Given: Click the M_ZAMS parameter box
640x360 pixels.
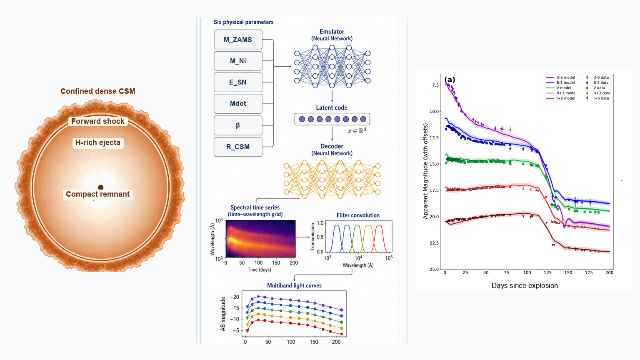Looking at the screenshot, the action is click(238, 40).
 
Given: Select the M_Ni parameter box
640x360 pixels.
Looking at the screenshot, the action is click(238, 61).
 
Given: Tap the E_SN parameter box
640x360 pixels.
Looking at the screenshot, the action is click(238, 82).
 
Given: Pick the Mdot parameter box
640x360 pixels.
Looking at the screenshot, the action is click(238, 103).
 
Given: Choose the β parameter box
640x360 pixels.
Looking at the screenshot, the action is click(238, 125).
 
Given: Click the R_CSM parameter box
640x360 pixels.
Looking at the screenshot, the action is click(238, 147).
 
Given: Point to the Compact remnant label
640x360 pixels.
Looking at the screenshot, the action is click(98, 194).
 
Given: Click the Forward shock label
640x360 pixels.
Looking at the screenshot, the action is click(98, 121).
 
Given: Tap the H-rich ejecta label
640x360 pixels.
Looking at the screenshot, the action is click(98, 142).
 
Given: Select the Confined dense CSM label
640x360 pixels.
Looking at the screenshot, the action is click(98, 91).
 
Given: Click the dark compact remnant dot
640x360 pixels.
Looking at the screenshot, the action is click(100, 187).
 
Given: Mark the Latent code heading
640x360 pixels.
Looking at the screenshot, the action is click(332, 108).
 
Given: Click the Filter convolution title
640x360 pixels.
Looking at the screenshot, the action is click(358, 215).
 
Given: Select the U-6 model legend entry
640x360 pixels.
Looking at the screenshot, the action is click(560, 77).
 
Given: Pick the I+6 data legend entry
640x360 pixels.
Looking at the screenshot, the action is click(597, 98).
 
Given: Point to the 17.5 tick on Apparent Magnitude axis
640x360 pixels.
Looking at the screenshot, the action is click(434, 190).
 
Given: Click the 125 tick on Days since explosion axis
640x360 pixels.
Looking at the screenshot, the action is click(547, 272).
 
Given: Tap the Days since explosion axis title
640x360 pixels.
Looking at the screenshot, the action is click(525, 285).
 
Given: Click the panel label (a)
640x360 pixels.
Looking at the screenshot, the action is click(450, 80).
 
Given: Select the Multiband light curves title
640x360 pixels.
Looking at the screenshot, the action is click(294, 285).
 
